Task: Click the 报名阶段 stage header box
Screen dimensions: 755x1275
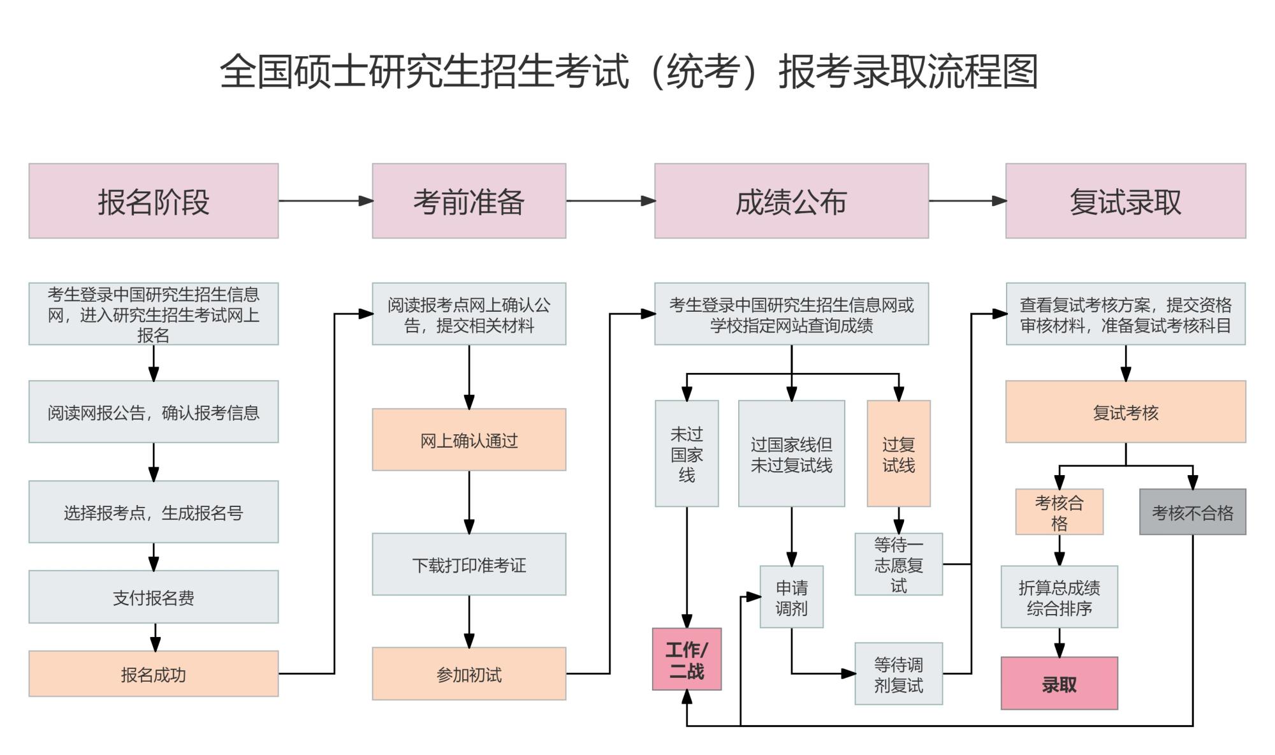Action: pos(153,201)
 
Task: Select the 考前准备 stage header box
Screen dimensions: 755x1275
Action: pos(469,201)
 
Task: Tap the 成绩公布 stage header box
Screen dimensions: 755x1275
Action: pos(791,201)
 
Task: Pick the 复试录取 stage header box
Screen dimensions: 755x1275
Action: pos(1125,201)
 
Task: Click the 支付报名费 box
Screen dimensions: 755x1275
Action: pos(153,597)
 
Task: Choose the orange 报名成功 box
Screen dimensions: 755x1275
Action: pos(153,673)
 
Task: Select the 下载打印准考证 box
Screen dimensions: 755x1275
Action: pos(469,564)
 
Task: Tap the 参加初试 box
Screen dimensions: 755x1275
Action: pos(469,673)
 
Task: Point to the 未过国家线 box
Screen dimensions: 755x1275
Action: pos(687,453)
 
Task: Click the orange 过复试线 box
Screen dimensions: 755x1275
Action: pos(898,453)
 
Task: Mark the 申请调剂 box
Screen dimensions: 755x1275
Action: pos(791,597)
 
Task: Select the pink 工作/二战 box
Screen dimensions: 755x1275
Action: pos(687,659)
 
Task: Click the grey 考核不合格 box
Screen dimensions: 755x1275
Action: pos(1192,512)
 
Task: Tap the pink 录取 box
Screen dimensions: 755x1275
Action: pos(1059,684)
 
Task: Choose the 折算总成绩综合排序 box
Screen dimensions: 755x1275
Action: pos(1059,597)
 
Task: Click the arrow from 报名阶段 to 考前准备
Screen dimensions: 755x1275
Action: pos(325,201)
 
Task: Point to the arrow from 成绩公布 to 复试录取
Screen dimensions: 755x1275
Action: pos(966,201)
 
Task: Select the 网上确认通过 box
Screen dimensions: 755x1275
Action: pos(469,440)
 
